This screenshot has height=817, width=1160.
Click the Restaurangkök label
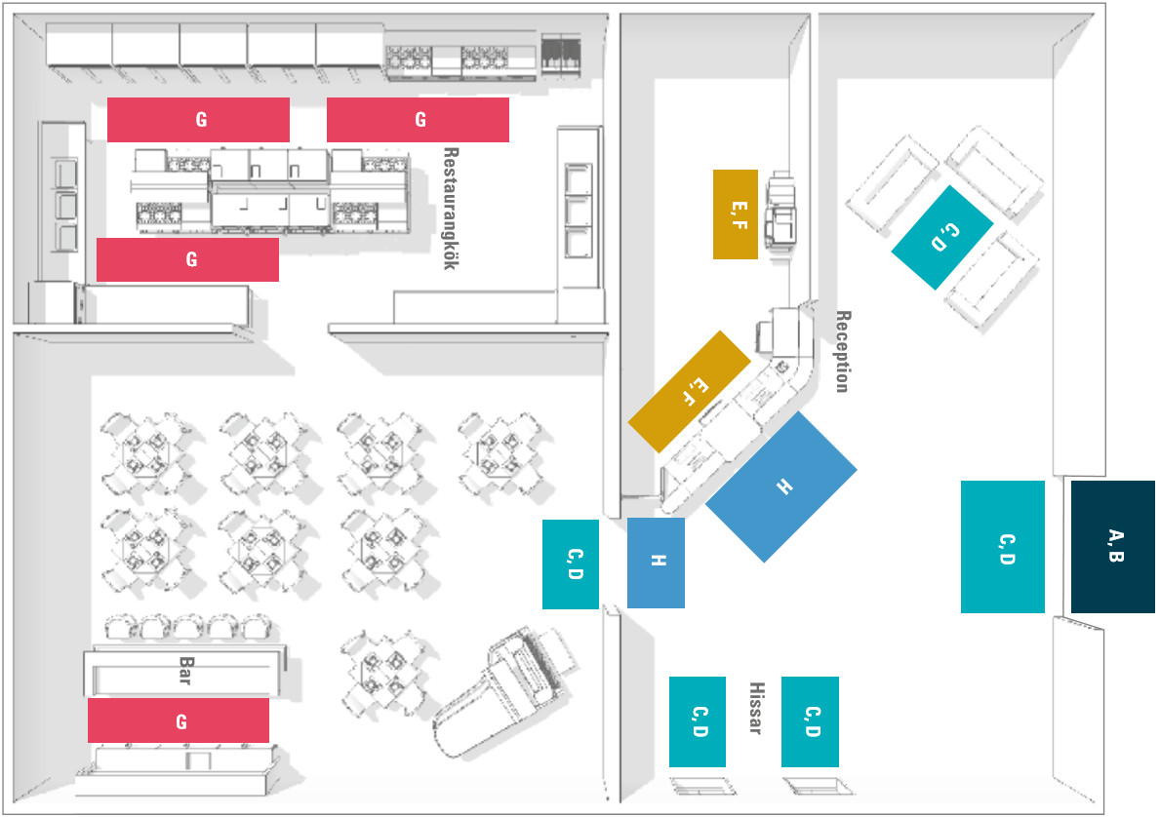[450, 209]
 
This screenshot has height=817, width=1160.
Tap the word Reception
[843, 351]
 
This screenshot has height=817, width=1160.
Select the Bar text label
[184, 670]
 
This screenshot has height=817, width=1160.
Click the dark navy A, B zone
[1112, 546]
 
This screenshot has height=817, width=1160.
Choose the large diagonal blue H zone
[781, 486]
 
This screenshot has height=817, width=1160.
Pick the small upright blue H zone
[656, 563]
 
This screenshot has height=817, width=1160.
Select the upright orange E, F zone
[735, 214]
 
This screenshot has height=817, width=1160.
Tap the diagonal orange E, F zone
[689, 391]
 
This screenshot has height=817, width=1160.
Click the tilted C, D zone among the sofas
[941, 237]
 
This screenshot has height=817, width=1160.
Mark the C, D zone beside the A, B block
[1002, 546]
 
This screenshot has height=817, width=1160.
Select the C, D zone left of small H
[571, 564]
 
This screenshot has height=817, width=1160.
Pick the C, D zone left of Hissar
[697, 721]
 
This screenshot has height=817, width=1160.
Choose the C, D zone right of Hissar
[810, 721]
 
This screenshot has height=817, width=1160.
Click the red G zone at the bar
[179, 720]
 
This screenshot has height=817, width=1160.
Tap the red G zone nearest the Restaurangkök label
[418, 120]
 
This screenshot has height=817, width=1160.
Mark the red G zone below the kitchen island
[187, 259]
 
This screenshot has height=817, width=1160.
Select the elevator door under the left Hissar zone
[699, 786]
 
